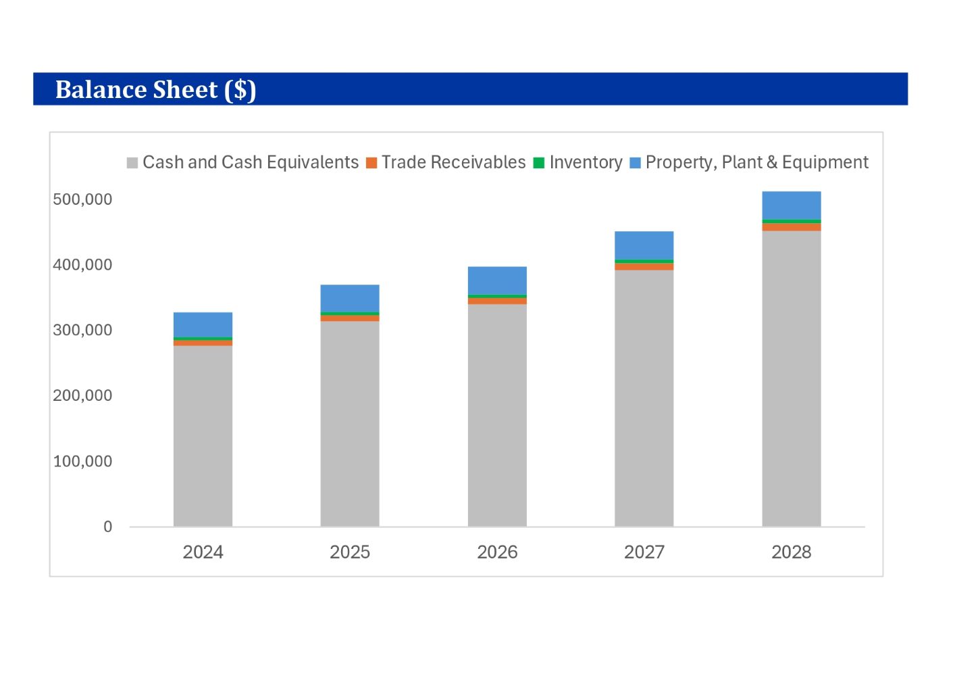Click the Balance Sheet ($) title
155,89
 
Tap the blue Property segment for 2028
791,206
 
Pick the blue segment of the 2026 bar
497,281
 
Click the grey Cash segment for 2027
644,398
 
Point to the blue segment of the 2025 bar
350,298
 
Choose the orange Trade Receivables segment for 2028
791,227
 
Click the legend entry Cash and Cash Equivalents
250,162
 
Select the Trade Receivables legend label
453,162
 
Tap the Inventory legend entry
586,162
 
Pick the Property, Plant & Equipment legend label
756,162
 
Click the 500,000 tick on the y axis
82,199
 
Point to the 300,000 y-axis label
82,331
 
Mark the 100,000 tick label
82,462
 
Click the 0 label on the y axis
107,527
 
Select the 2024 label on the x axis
203,552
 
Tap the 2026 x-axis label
497,552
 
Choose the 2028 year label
791,552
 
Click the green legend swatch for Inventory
539,163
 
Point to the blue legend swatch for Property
635,163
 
